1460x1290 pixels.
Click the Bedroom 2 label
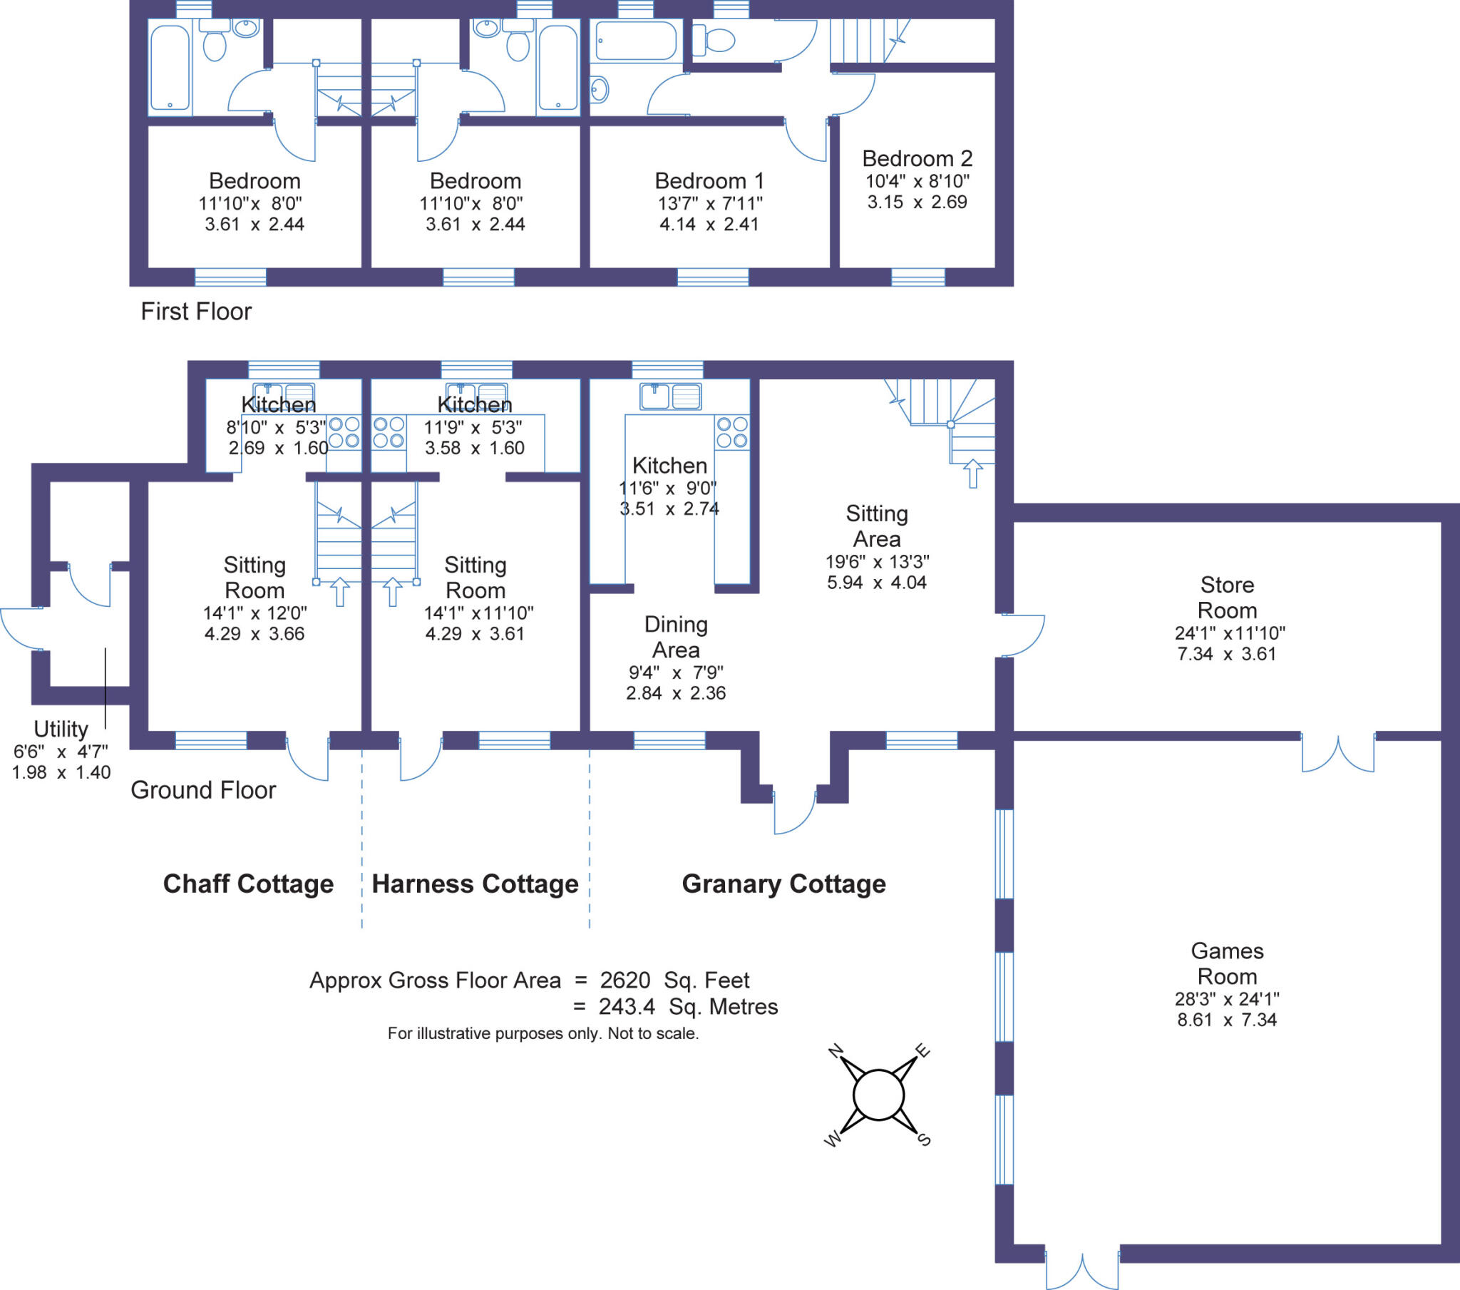[917, 158]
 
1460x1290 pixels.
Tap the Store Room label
[1227, 598]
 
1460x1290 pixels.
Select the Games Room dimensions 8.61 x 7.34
[1227, 1020]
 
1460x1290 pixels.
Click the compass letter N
[836, 1050]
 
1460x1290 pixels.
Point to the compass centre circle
[878, 1095]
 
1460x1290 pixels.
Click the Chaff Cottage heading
[248, 884]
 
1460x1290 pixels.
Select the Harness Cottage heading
[475, 884]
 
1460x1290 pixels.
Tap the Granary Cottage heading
[783, 884]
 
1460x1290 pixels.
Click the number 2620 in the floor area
[625, 980]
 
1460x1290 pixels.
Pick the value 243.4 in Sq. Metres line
[627, 1006]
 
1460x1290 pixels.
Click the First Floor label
[196, 312]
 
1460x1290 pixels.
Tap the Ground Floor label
[203, 789]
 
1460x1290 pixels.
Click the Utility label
[61, 729]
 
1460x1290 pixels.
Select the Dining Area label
[676, 637]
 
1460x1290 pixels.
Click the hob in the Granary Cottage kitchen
[732, 432]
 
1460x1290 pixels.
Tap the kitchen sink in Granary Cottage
[671, 396]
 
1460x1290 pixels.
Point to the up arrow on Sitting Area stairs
[973, 473]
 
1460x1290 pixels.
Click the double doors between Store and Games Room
[1338, 752]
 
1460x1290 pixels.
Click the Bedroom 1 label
[709, 181]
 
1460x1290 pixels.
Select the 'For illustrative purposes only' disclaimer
[543, 1033]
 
